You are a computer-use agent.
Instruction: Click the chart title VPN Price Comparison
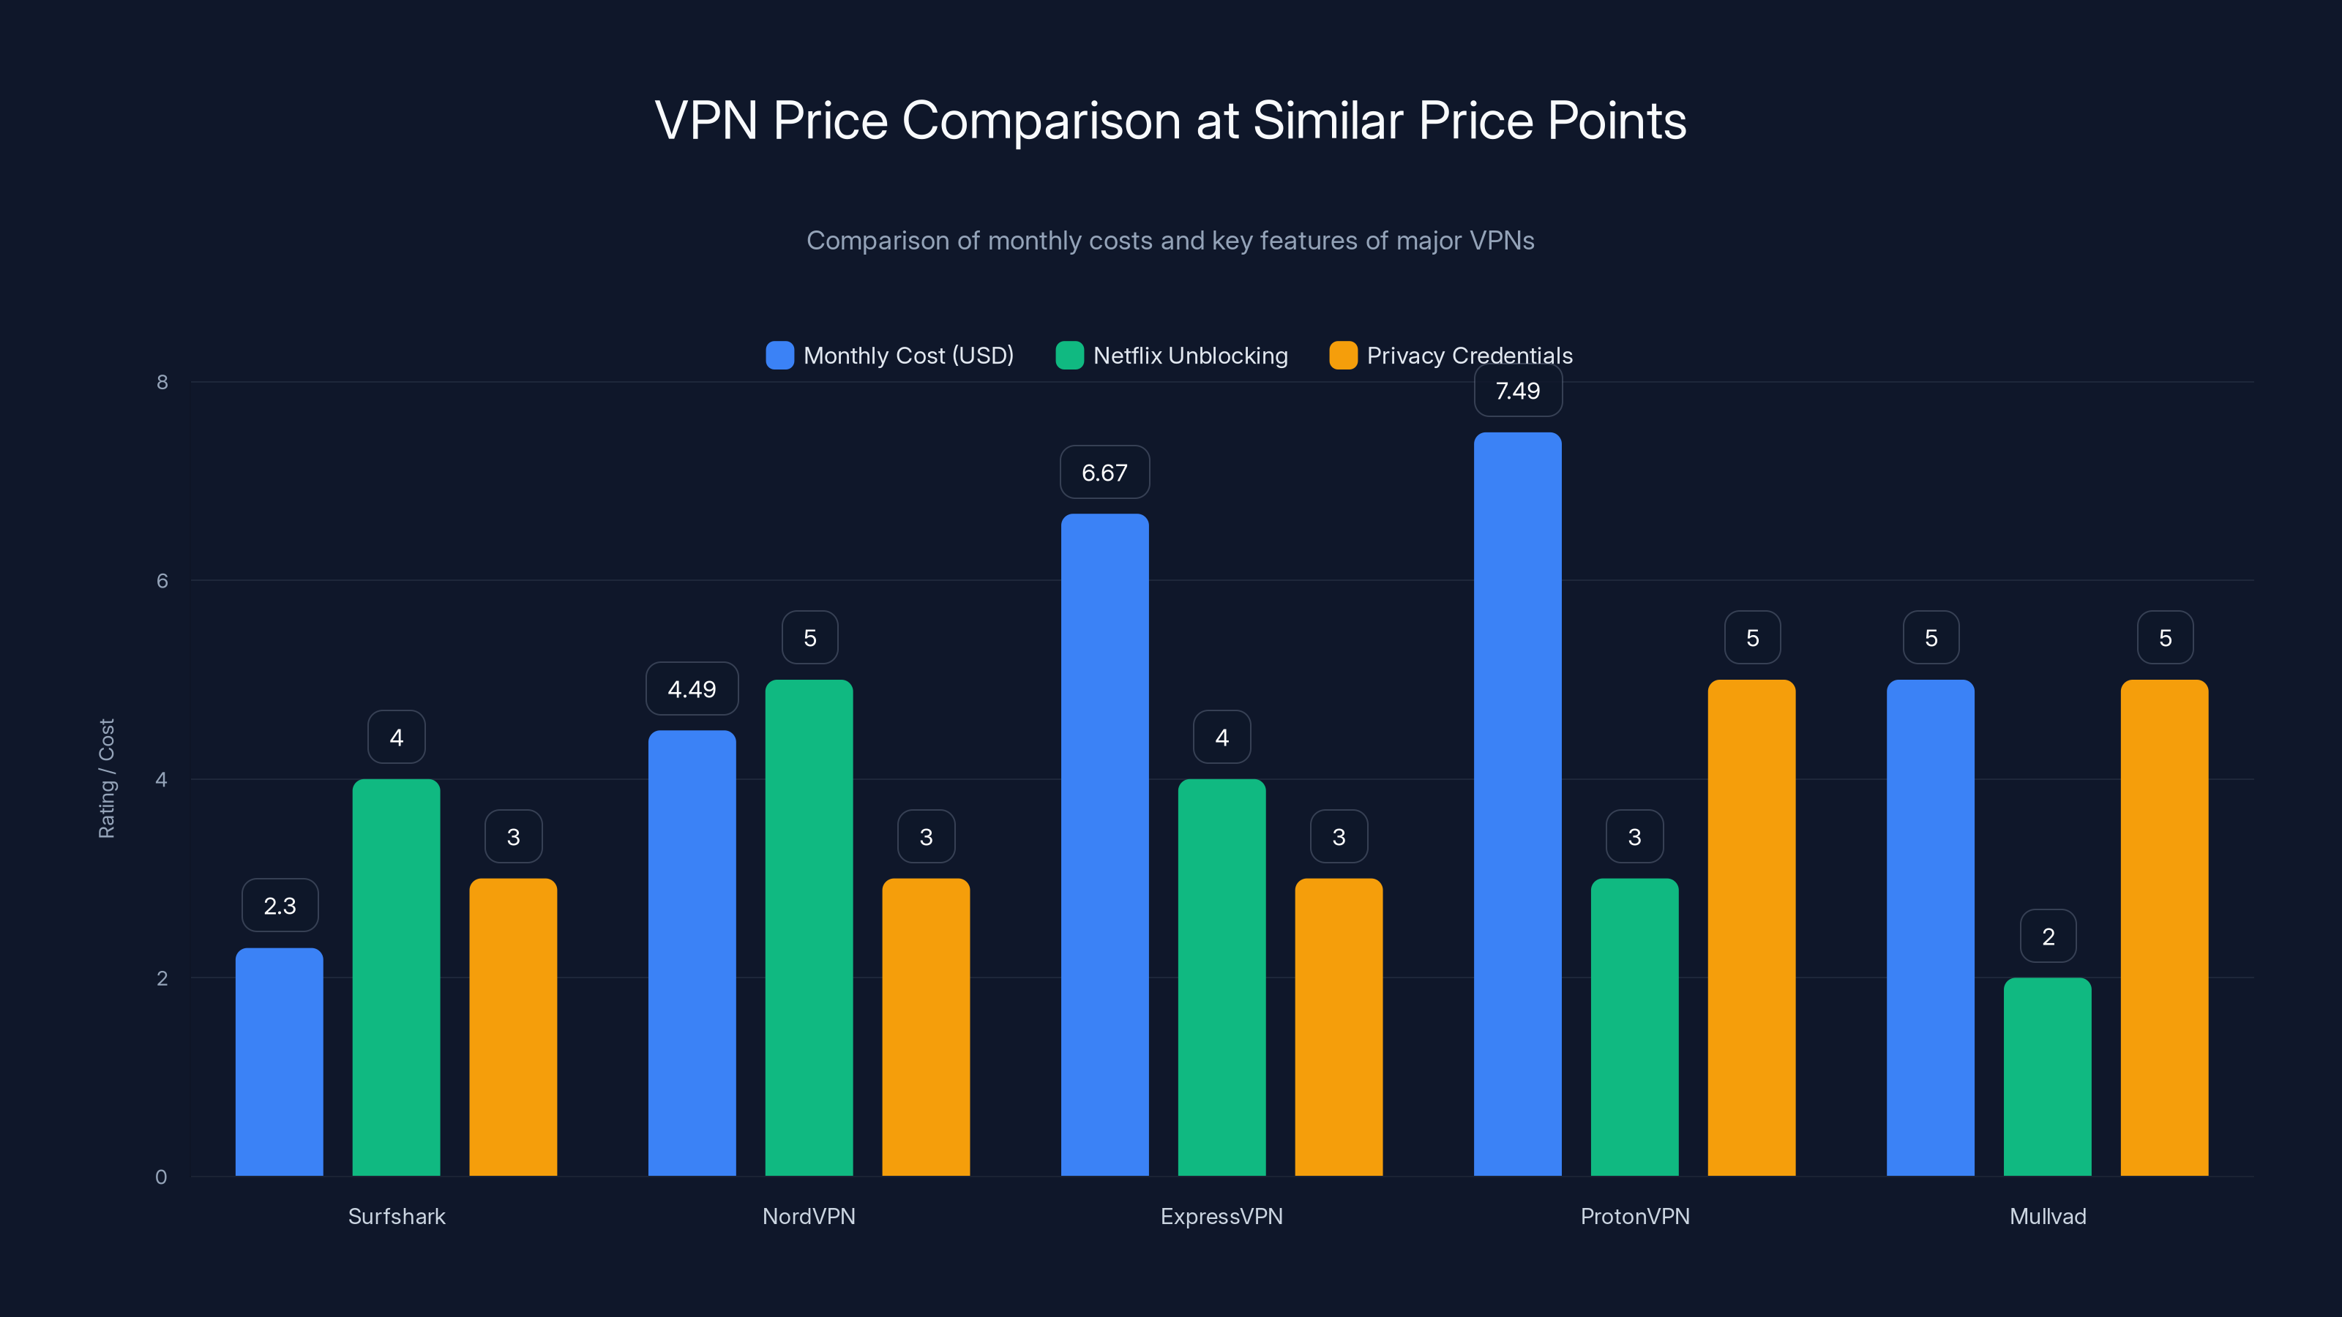click(x=1170, y=121)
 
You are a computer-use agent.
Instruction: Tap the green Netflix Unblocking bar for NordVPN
click(x=809, y=927)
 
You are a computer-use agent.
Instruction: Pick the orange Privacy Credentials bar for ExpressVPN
click(x=1339, y=1027)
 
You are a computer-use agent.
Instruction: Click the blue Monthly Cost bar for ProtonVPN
click(x=1517, y=804)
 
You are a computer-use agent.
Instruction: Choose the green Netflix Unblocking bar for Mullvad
click(x=2048, y=1077)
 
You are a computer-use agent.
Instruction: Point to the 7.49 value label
click(x=1517, y=391)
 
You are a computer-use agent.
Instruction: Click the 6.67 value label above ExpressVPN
click(x=1104, y=473)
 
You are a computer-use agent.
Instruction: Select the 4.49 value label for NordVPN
click(x=692, y=689)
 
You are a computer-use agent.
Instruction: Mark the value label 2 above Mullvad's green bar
click(x=2049, y=937)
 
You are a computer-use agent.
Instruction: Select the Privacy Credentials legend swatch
click(x=1343, y=356)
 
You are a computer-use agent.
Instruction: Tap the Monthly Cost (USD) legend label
click(x=908, y=356)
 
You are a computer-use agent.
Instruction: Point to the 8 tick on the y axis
click(x=162, y=382)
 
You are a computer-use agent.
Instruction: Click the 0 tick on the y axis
click(x=161, y=1177)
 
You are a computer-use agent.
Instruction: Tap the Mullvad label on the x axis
click(x=2048, y=1216)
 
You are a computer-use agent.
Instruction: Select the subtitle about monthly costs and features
click(x=1170, y=240)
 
